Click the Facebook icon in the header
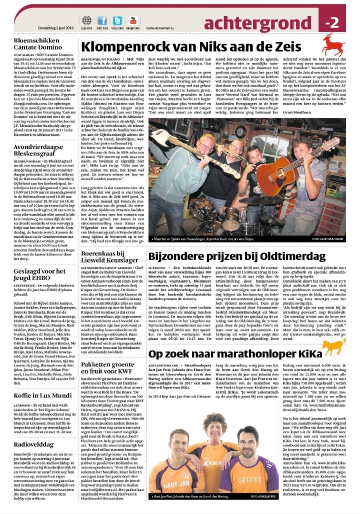coord(102,20)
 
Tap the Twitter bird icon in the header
coord(117,20)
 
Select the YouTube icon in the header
coord(133,20)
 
